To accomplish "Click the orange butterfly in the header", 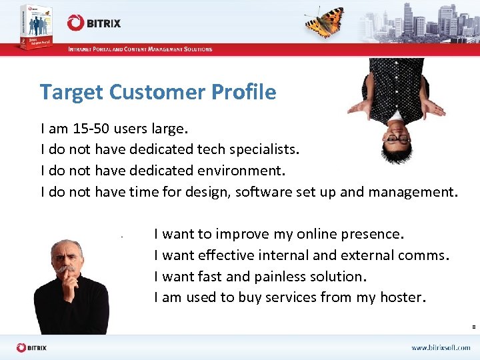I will pos(325,21).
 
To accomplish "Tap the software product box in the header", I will pos(27,25).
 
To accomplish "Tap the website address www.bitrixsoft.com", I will pos(440,348).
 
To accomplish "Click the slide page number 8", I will pos(473,327).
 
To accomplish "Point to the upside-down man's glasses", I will pos(398,139).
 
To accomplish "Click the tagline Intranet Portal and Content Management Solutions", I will pos(140,49).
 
